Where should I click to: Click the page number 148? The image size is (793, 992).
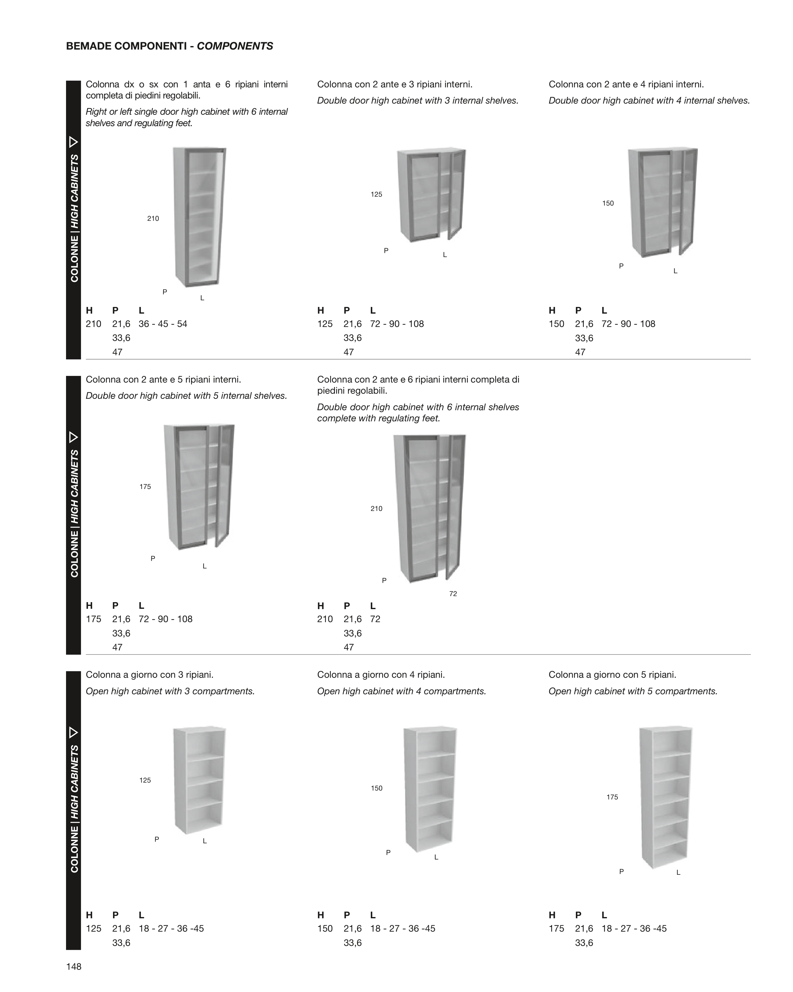[x=74, y=966]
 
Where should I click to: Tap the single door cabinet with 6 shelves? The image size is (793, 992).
[x=199, y=217]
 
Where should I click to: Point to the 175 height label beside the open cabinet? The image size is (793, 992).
[x=612, y=797]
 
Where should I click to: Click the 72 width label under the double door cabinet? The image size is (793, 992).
[x=453, y=594]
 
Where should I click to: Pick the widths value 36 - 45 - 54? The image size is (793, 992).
[x=163, y=324]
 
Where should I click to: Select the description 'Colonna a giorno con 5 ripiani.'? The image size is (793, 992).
[x=612, y=675]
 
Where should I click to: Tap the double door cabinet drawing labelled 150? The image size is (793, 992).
[x=663, y=202]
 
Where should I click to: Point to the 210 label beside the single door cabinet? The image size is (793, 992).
[x=153, y=219]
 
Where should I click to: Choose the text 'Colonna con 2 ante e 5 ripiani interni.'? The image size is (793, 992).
[x=164, y=380]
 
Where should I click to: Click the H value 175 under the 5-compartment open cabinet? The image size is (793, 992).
[x=556, y=928]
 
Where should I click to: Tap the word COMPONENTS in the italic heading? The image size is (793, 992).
[x=235, y=46]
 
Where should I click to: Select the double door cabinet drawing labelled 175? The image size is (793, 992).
[x=199, y=487]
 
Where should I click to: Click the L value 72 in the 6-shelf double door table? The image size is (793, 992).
[x=375, y=619]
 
